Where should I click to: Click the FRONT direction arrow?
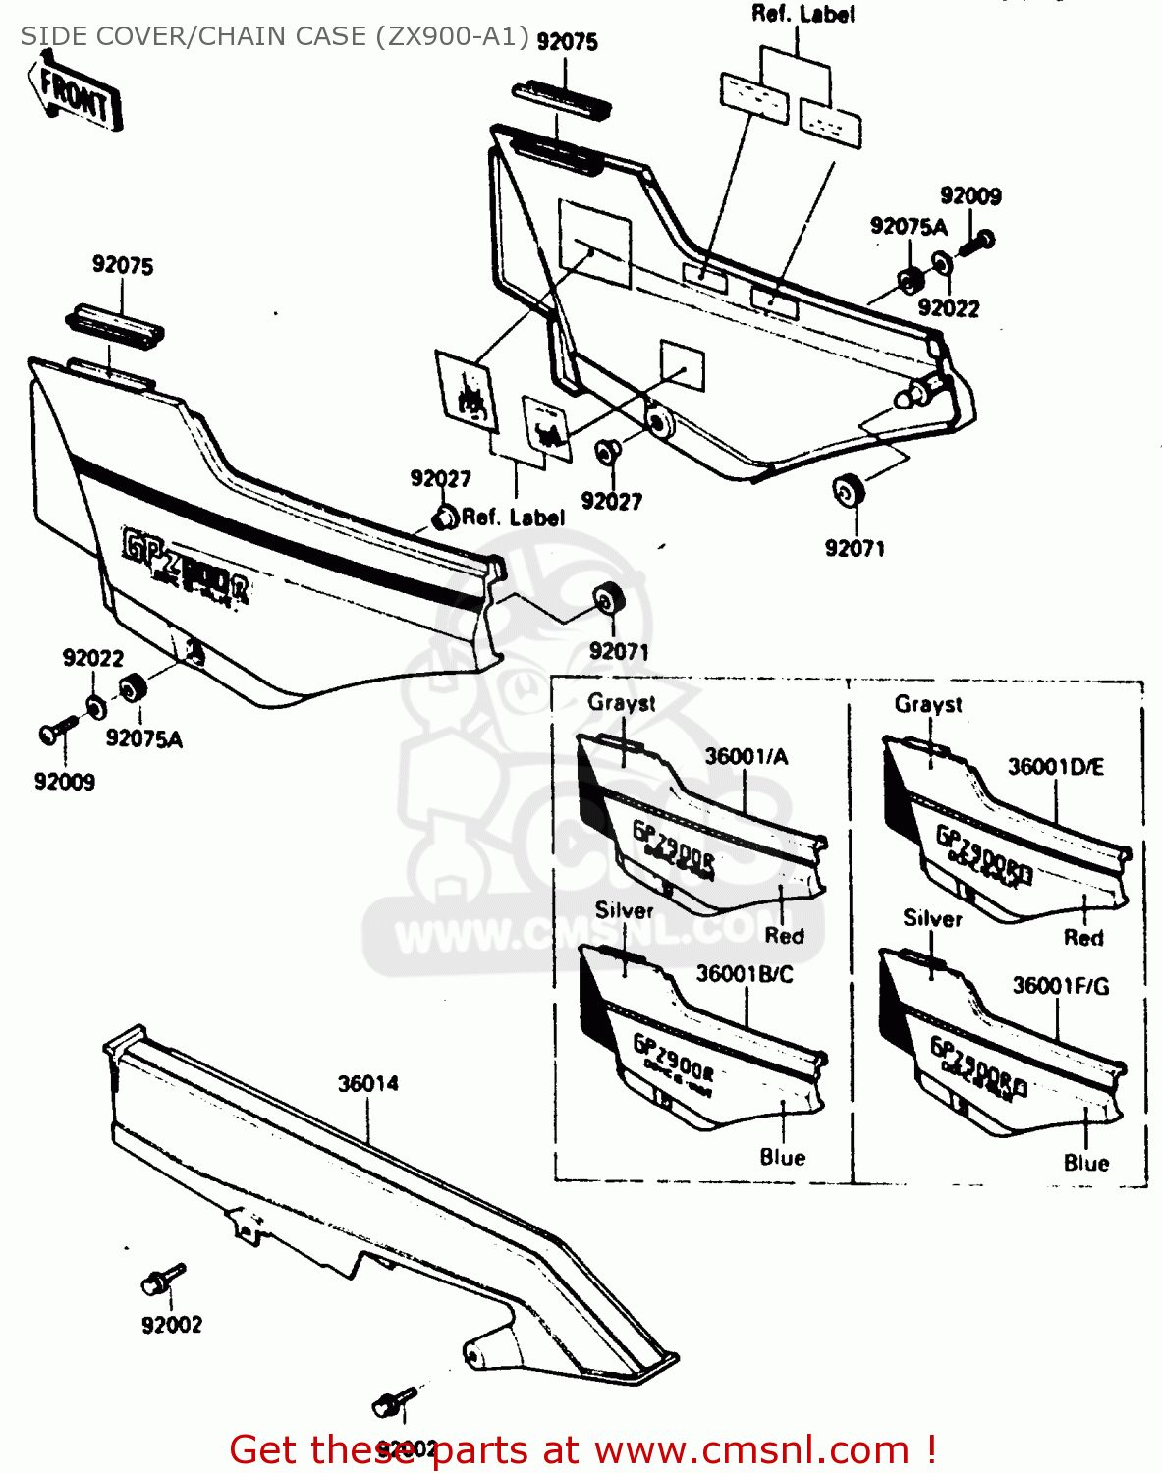pos(77,93)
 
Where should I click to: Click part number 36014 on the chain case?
pos(368,1084)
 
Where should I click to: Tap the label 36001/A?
pos(747,756)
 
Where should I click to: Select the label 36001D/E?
pos(1055,767)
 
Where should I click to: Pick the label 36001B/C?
pos(744,974)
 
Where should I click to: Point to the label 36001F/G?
pos(1060,986)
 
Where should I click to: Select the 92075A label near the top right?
pos(909,227)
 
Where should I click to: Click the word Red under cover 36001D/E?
pos(1083,938)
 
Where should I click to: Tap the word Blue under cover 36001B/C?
pos(782,1158)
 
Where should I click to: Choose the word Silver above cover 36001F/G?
pos(932,919)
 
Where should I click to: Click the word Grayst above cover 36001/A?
pos(622,703)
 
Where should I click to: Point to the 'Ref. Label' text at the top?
pos(802,14)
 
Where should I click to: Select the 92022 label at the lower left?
pos(93,658)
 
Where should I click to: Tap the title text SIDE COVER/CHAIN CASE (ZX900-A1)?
pos(275,36)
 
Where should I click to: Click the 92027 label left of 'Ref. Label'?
pos(440,479)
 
